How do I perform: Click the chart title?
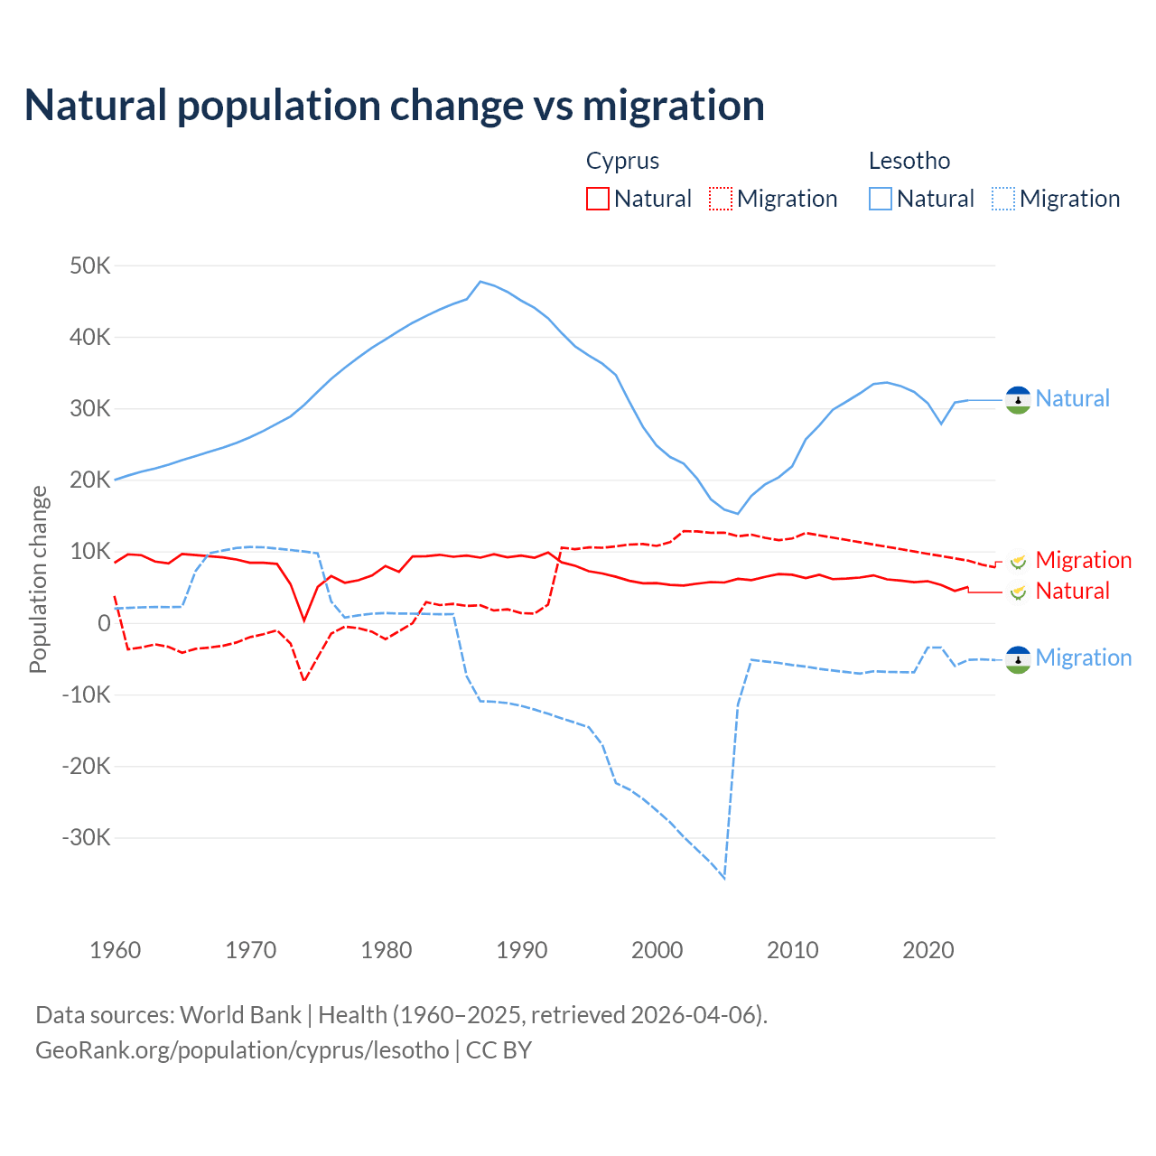tap(395, 106)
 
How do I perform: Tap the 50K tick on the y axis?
tap(89, 266)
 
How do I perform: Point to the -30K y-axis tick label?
tap(86, 838)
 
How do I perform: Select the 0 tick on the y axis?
tap(104, 623)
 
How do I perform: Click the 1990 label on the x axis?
tap(522, 950)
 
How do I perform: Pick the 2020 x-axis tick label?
tap(928, 950)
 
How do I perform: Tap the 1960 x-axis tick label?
tap(116, 950)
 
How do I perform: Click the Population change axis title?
tap(38, 579)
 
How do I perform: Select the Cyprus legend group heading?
tap(622, 161)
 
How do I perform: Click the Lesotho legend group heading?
tap(909, 161)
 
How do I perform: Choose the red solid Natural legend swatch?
tap(598, 199)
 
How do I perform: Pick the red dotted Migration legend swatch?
tap(721, 199)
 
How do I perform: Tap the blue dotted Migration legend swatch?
tap(1003, 199)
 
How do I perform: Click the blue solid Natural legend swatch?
tap(881, 199)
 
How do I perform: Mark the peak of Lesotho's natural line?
tap(480, 282)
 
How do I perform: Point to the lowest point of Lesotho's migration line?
tap(724, 878)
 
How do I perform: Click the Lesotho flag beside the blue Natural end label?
tap(1018, 399)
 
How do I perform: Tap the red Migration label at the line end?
tap(1083, 560)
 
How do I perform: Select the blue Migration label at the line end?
tap(1083, 657)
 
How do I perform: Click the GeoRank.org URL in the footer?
tap(242, 1050)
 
